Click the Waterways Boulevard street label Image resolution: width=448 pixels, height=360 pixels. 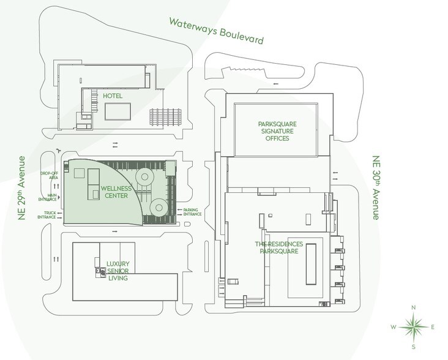pyautogui.click(x=217, y=31)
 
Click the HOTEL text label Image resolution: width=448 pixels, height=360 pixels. pyautogui.click(x=113, y=97)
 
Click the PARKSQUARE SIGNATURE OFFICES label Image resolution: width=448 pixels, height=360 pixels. pyautogui.click(x=273, y=130)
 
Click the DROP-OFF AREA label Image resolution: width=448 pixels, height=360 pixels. pyautogui.click(x=50, y=176)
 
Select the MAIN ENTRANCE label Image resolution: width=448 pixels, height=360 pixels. pyautogui.click(x=49, y=197)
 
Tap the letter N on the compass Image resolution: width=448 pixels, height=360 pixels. pyautogui.click(x=414, y=307)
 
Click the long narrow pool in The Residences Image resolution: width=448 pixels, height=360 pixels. pyautogui.click(x=310, y=264)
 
